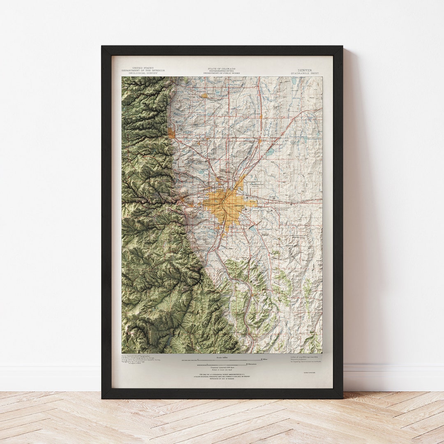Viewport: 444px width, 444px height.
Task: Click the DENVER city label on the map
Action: [239, 205]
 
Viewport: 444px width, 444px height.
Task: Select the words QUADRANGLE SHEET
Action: [305, 73]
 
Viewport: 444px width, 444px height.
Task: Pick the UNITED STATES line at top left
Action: [143, 68]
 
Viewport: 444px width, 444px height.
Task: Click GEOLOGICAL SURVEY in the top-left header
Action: [143, 73]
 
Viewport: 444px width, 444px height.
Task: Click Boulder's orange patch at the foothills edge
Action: [171, 133]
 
